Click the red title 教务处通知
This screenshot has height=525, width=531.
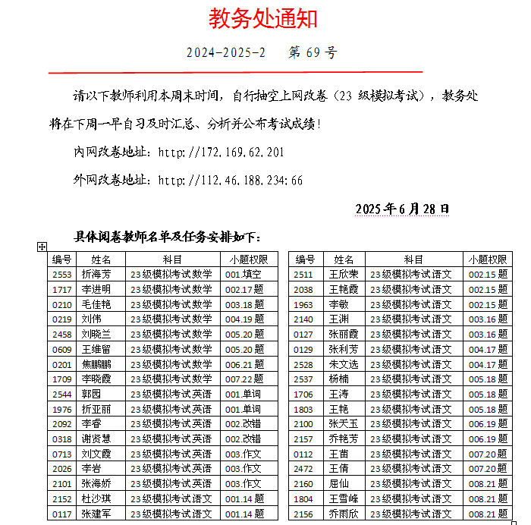pos(263,19)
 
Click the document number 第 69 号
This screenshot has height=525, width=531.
pos(313,53)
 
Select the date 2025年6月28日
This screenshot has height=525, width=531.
pos(402,209)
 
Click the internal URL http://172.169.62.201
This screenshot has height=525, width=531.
pos(221,152)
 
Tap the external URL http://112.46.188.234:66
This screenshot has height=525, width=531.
pos(230,181)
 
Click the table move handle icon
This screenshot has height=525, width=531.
pos(42,247)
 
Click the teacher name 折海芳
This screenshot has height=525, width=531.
pos(96,275)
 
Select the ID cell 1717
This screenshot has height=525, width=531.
pos(62,290)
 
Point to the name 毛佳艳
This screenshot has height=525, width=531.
pos(96,304)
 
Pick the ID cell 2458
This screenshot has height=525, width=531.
pos(62,334)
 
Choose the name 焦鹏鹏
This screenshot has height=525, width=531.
pos(96,364)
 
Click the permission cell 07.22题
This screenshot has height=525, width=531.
pos(244,379)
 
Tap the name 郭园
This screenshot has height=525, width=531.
pos(91,394)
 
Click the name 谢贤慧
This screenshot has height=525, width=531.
pos(96,439)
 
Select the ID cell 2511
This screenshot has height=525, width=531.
pos(303,275)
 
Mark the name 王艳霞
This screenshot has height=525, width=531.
pos(344,290)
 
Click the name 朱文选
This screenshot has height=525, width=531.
pos(344,364)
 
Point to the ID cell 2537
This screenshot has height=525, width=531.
pos(303,379)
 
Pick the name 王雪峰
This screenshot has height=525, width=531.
pos(344,498)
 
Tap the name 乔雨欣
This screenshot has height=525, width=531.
pos(344,514)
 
